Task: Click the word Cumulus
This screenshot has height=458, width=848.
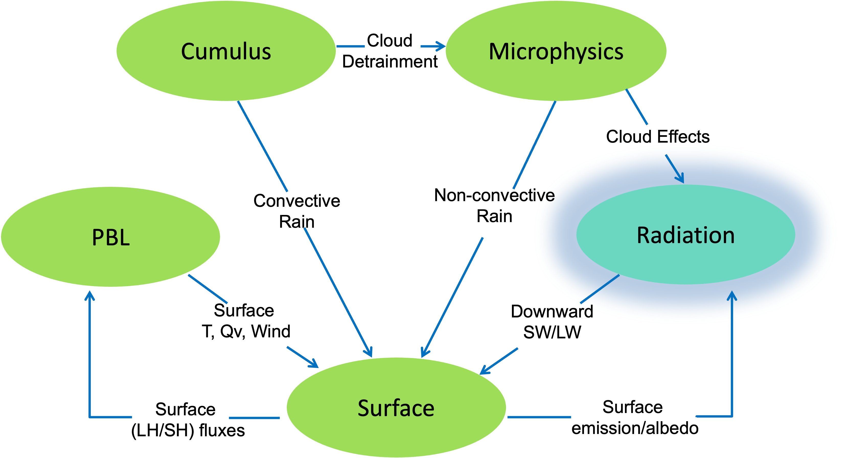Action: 226,52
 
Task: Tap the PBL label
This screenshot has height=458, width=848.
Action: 111,237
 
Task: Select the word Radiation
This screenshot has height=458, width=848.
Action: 686,235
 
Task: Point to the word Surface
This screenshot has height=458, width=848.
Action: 396,408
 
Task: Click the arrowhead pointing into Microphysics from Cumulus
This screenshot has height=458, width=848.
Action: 441,46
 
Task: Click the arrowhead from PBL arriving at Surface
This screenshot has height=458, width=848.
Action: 314,365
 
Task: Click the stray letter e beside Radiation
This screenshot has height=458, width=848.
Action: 550,196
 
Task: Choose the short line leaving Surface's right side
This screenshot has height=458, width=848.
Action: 539,417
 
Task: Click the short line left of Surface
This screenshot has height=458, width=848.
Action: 254,418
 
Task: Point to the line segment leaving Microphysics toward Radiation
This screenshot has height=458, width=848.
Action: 637,107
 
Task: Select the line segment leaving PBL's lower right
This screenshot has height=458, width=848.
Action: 207,289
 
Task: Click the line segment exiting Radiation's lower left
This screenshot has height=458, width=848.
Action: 600,289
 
